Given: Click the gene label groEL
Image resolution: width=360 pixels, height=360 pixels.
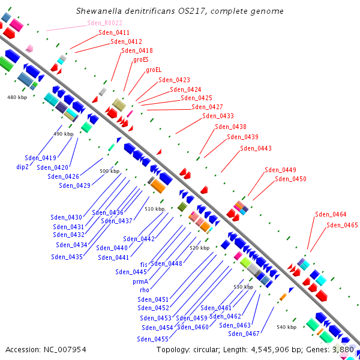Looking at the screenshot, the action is (x=154, y=70).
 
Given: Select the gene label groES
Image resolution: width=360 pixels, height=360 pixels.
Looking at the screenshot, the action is (x=141, y=59).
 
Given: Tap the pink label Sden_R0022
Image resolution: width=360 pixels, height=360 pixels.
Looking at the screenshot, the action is (x=104, y=23).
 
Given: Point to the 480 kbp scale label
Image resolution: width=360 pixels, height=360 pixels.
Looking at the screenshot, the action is (x=17, y=97).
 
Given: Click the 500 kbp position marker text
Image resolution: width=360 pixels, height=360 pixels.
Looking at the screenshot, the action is (x=110, y=171).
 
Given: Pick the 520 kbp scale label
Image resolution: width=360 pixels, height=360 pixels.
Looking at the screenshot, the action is (x=200, y=248).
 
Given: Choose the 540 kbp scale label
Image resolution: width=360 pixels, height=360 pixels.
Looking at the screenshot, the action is (x=287, y=327).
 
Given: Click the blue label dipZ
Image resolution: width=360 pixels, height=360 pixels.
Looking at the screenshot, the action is (x=23, y=167).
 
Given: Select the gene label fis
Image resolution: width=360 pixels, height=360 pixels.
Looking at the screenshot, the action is (x=144, y=265).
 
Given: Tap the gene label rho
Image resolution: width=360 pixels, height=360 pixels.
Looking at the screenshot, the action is (x=145, y=290).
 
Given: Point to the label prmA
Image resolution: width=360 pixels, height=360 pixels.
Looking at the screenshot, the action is (x=140, y=281).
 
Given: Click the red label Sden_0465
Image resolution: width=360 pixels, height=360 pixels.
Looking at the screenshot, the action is (x=342, y=225).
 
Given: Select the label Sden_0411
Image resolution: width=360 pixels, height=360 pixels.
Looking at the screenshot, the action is (x=114, y=32).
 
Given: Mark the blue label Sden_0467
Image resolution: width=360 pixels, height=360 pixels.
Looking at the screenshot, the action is (x=244, y=334).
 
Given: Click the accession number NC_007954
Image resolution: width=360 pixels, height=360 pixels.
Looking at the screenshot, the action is (x=65, y=350).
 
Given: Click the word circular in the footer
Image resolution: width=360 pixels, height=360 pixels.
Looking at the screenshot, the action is (x=206, y=350).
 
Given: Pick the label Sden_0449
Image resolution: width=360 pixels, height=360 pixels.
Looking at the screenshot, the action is (x=280, y=170).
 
